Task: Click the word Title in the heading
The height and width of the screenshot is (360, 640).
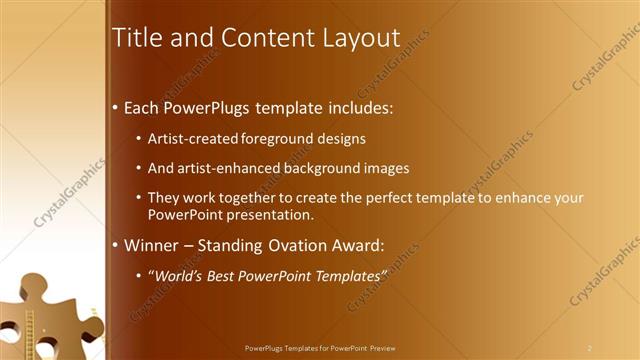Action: tap(136, 38)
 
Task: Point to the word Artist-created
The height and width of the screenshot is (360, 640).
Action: tap(191, 139)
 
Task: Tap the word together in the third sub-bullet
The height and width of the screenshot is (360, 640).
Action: tap(247, 198)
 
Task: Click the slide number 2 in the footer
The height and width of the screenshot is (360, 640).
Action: tap(590, 348)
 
